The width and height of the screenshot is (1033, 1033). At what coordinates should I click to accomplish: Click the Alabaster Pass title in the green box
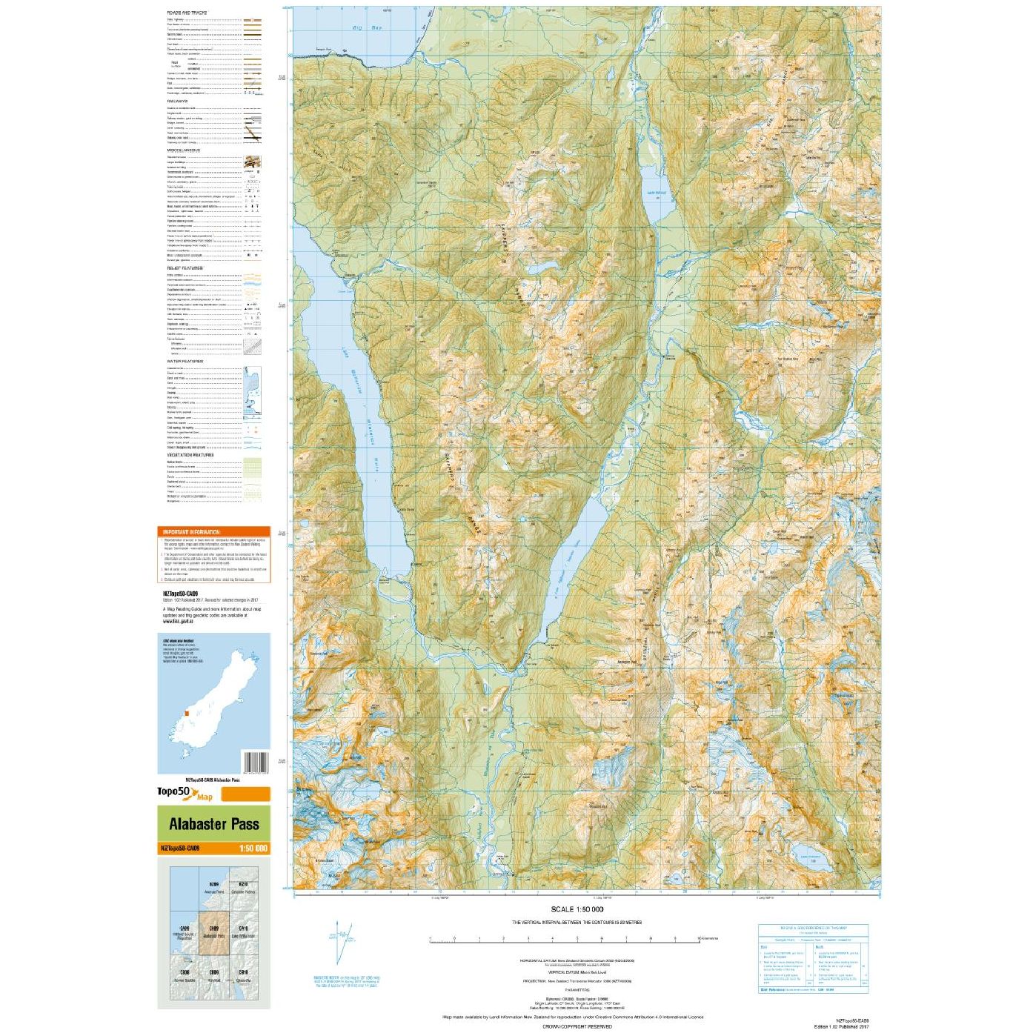pos(213,824)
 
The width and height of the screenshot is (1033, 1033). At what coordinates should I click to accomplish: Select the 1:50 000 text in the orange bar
pos(253,848)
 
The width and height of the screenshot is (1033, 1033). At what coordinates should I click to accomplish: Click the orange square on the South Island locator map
pos(187,713)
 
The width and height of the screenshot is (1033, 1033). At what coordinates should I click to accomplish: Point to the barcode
pos(255,763)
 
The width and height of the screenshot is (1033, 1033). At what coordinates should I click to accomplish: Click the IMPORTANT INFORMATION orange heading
pos(192,532)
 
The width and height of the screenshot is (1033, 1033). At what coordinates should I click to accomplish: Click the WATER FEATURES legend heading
pos(185,362)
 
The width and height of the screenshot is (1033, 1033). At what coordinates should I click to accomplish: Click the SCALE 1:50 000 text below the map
pos(577,909)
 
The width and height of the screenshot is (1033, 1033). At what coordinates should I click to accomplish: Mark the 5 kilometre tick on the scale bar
pos(577,939)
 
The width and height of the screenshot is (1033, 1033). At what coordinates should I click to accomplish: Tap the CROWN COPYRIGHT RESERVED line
pos(577,1026)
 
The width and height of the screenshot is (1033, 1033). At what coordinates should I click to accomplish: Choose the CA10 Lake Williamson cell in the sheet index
pos(243,931)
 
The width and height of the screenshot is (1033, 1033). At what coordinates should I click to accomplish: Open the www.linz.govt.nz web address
pos(178,621)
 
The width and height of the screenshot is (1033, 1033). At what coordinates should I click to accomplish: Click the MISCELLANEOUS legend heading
pos(183,150)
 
